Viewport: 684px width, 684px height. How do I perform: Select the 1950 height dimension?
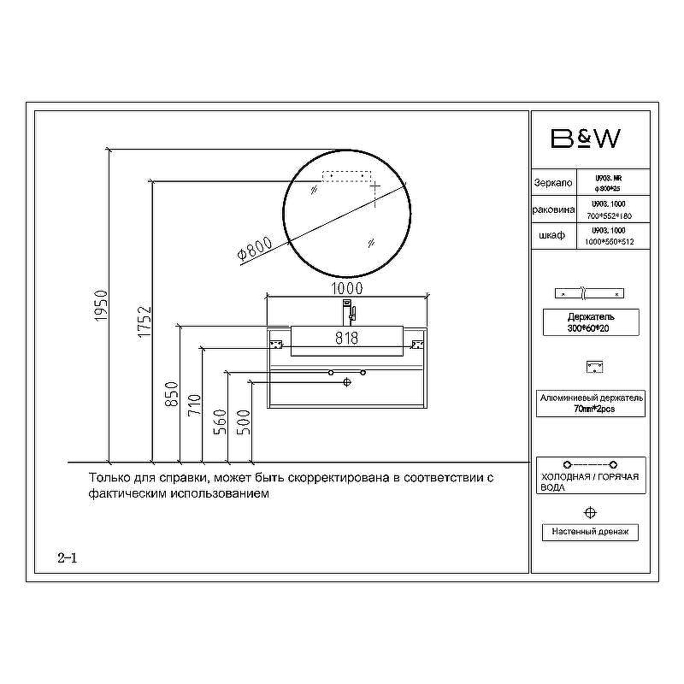[99, 307]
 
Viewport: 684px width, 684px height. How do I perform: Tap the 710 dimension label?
[194, 404]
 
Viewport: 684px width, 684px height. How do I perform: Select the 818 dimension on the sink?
[346, 338]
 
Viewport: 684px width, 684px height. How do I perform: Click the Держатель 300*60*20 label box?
[590, 322]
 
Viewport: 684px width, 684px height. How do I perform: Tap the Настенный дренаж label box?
[590, 532]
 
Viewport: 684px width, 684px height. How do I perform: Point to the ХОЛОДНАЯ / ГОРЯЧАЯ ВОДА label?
[590, 481]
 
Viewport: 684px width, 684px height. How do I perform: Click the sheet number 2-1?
[68, 558]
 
